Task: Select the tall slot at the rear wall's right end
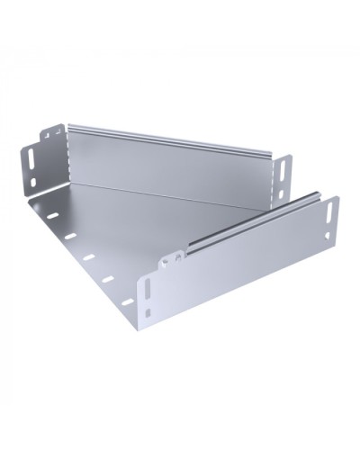(285, 167)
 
